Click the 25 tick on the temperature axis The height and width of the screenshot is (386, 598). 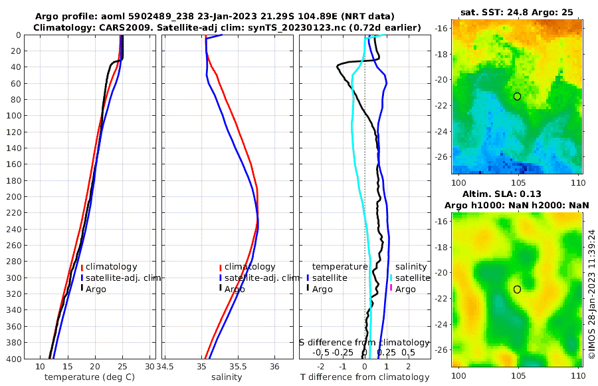click(x=122, y=367)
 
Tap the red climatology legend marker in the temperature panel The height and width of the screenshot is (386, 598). click(x=82, y=267)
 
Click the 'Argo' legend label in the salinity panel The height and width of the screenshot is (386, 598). click(x=235, y=289)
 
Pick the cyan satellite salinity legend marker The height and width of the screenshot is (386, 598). click(x=391, y=278)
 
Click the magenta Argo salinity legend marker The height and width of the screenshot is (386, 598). click(x=391, y=289)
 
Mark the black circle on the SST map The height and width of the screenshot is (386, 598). click(x=517, y=96)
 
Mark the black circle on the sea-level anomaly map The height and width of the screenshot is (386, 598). click(x=517, y=289)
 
